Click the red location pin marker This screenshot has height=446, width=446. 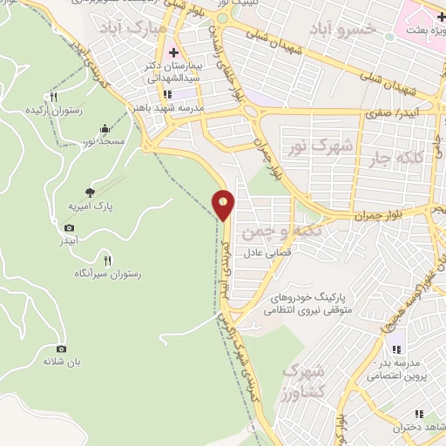point(223,205)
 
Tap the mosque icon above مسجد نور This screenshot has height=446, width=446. point(105,129)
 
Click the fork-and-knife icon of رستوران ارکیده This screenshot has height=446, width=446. point(54,97)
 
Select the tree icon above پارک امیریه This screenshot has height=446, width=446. point(91,193)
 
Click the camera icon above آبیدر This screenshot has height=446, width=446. point(69,228)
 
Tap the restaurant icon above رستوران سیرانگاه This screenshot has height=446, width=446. point(107,260)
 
